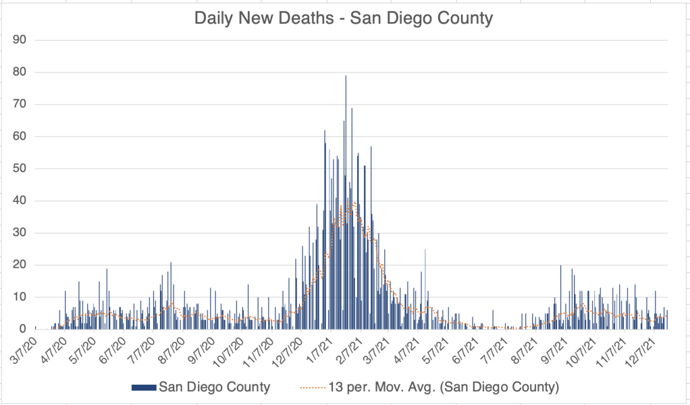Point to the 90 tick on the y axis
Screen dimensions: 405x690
click(20, 40)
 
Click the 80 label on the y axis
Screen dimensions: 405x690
click(20, 72)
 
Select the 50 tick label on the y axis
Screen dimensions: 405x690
click(20, 169)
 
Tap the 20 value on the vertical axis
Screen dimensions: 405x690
click(20, 265)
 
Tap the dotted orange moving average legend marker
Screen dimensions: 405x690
click(311, 387)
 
